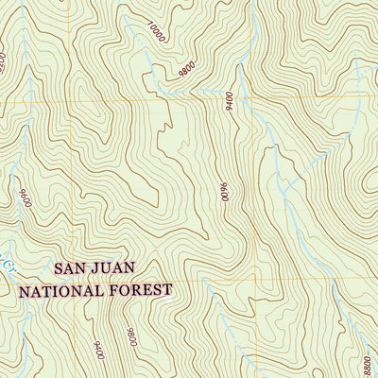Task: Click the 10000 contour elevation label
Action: point(157,34)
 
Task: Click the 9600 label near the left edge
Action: point(23,200)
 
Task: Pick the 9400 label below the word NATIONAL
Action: point(97,329)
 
